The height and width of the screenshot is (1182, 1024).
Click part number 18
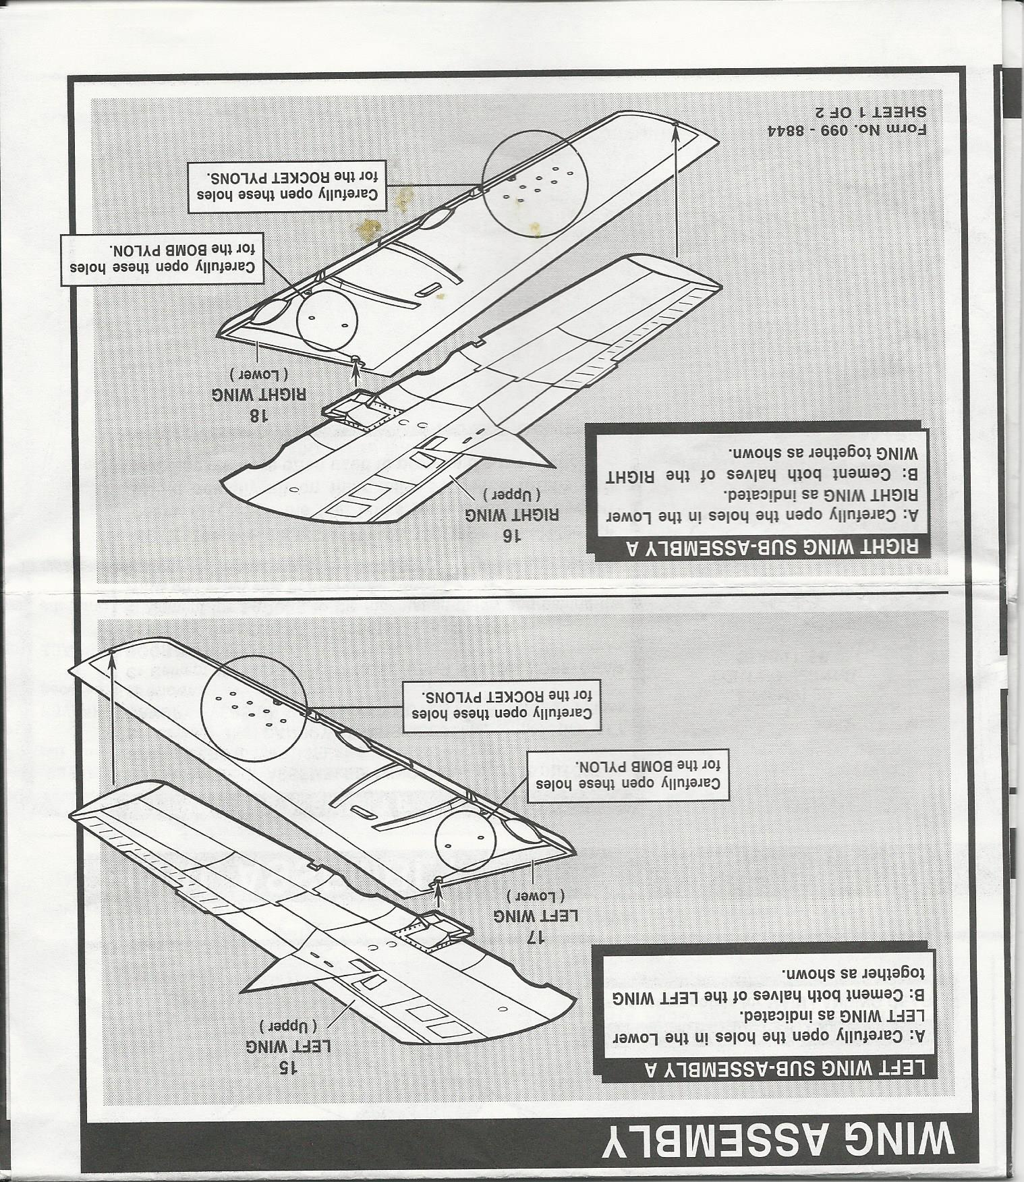point(258,415)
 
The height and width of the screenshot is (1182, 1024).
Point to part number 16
point(513,536)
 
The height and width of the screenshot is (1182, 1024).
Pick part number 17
point(536,936)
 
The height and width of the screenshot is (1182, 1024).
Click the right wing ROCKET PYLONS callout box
point(287,187)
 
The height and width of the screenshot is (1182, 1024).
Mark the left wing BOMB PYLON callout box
point(628,777)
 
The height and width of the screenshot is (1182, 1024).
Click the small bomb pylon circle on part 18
point(326,320)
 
